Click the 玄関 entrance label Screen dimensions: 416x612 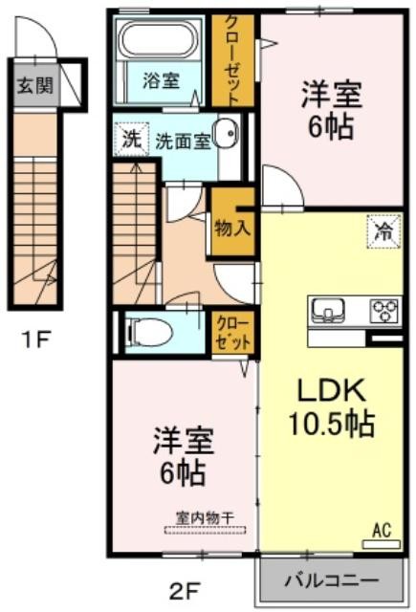click(x=35, y=85)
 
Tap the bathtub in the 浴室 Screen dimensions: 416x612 click(x=158, y=39)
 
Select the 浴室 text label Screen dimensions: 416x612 click(x=162, y=80)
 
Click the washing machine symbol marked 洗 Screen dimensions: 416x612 click(x=132, y=140)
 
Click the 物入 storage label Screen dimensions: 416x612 click(x=232, y=228)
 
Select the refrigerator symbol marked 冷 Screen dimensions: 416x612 click(x=383, y=231)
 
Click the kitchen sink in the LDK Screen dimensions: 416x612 click(x=327, y=310)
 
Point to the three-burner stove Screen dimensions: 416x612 click(x=385, y=310)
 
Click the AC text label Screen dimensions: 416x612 click(x=382, y=531)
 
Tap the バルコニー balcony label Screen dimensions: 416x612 click(x=331, y=580)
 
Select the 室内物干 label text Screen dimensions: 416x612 click(x=206, y=518)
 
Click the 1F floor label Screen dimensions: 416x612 click(x=36, y=339)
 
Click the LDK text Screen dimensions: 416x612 click(x=332, y=390)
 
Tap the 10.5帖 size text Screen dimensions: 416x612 click(x=332, y=424)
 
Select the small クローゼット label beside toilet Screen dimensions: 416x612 click(x=233, y=334)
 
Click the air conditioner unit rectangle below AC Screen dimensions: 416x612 click(x=382, y=544)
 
